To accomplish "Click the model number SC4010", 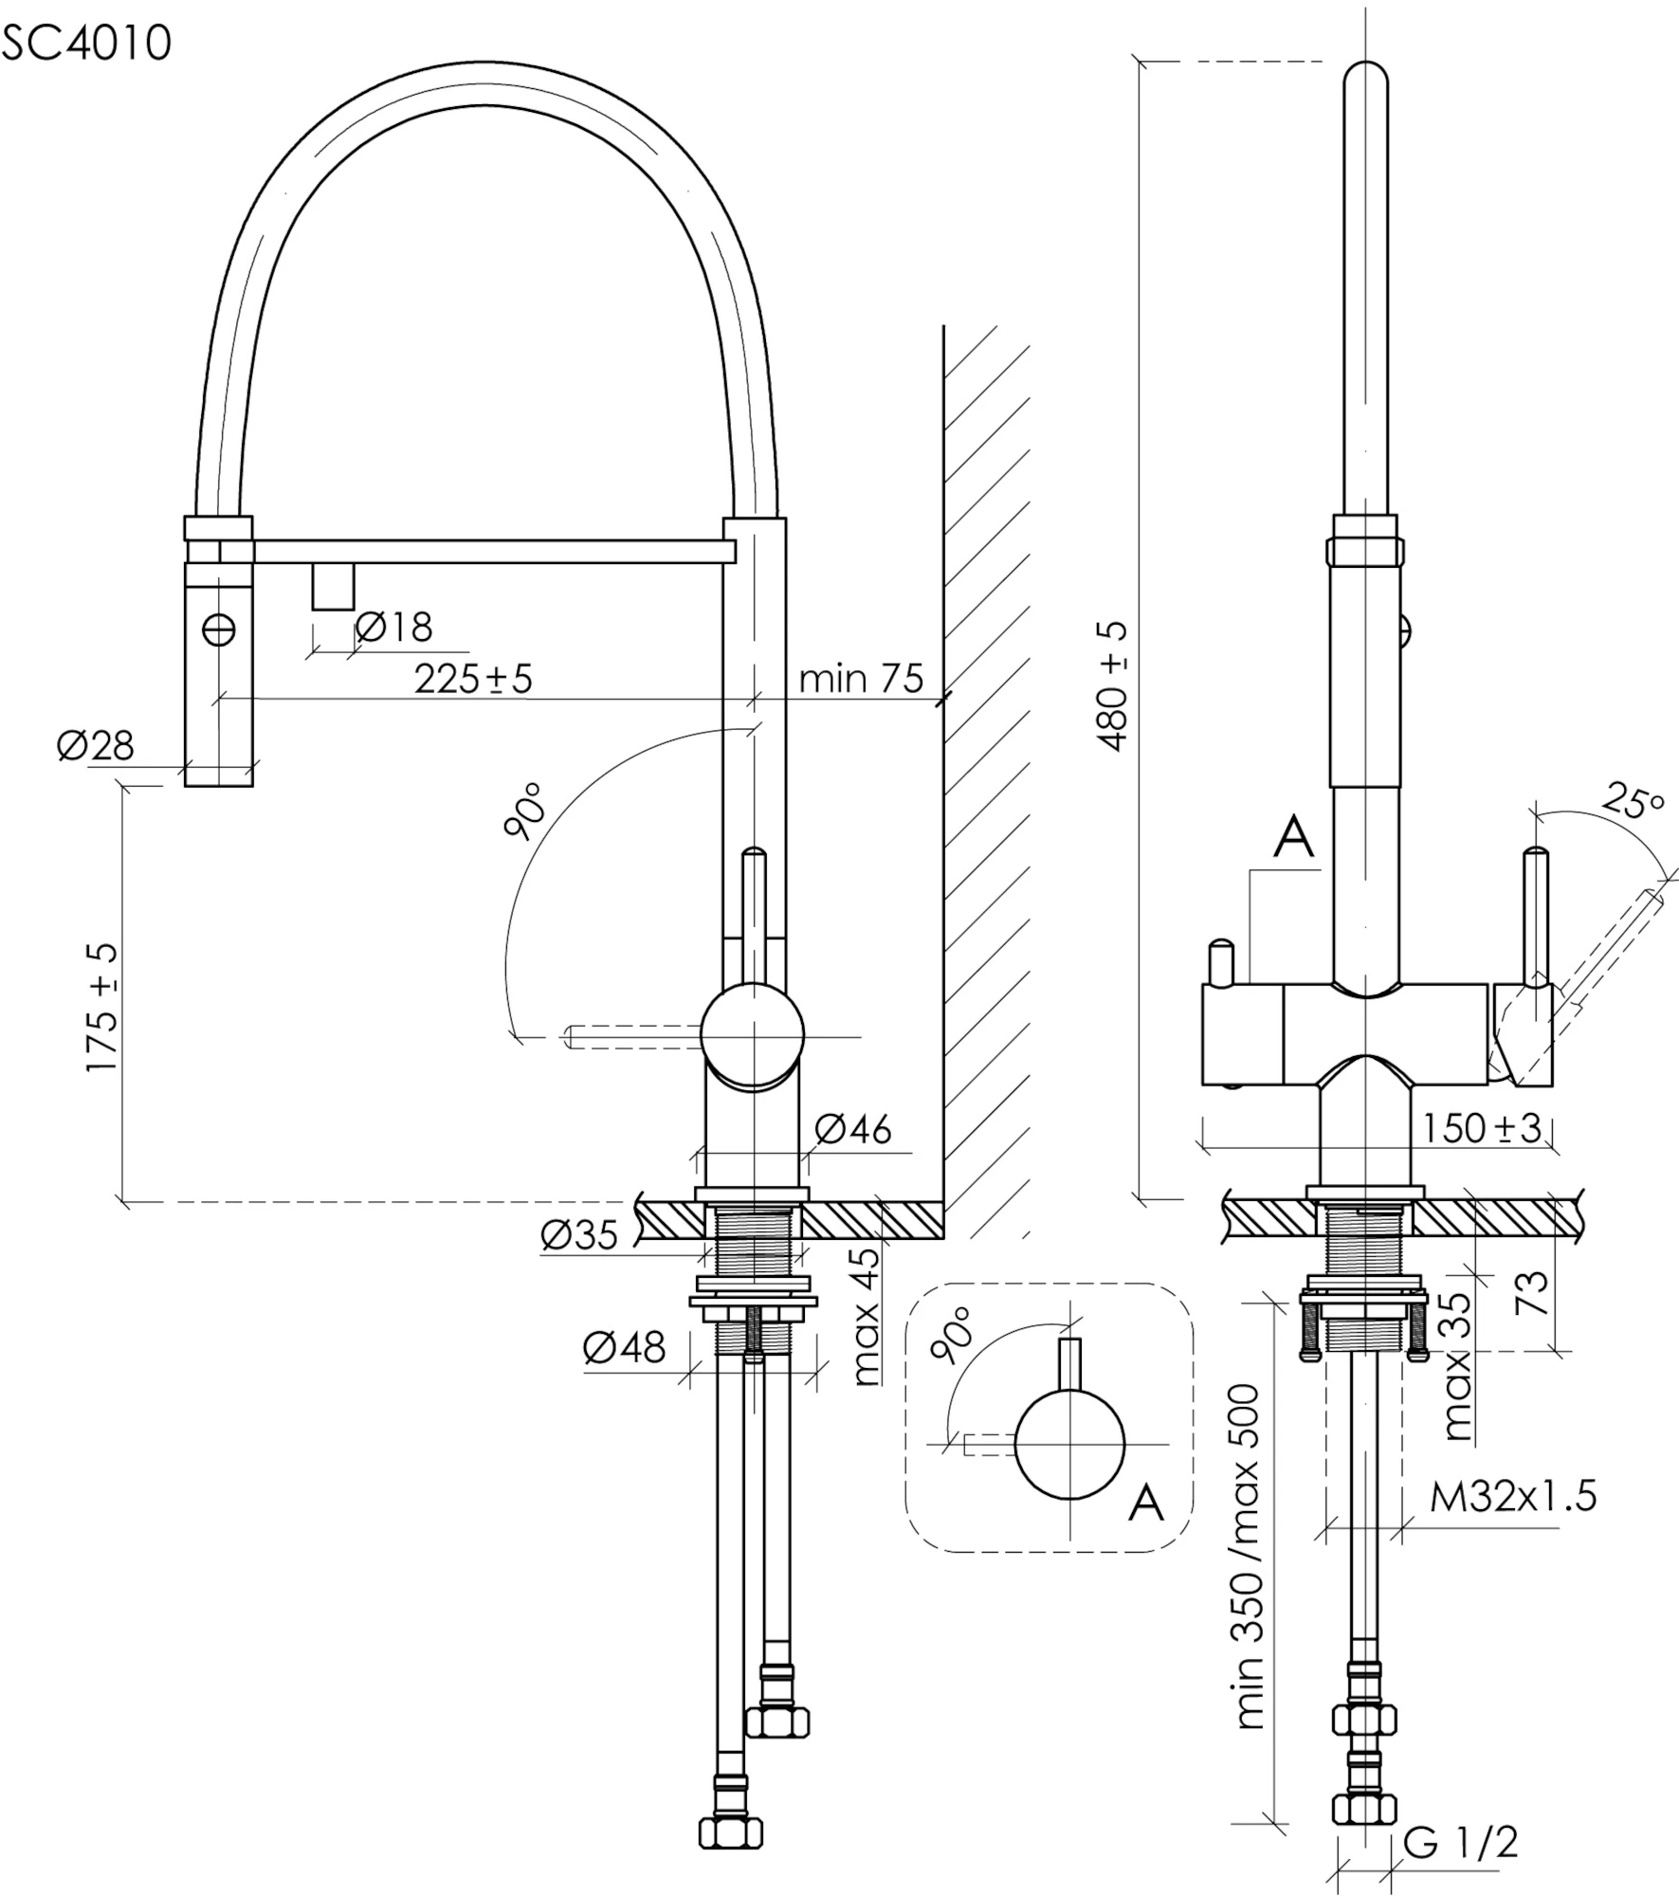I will pyautogui.click(x=86, y=43).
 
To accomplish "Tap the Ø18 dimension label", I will pyautogui.click(x=393, y=628).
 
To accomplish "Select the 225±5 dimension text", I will pyautogui.click(x=473, y=679).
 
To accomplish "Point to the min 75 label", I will pyautogui.click(x=861, y=679).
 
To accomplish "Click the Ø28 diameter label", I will pyautogui.click(x=95, y=746).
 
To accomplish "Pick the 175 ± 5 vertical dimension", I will pyautogui.click(x=102, y=1007).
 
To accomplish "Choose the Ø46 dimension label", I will pyautogui.click(x=853, y=1129).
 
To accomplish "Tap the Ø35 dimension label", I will pyautogui.click(x=579, y=1234).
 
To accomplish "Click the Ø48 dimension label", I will pyautogui.click(x=625, y=1347).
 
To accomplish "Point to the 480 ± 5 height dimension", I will pyautogui.click(x=1115, y=686).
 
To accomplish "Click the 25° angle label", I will pyautogui.click(x=1634, y=802).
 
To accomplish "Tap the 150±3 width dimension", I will pyautogui.click(x=1482, y=1128).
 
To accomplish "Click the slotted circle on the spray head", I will pyautogui.click(x=219, y=629).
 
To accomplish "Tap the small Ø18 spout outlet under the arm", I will pyautogui.click(x=333, y=586).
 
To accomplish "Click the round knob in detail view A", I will pyautogui.click(x=1069, y=1445).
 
